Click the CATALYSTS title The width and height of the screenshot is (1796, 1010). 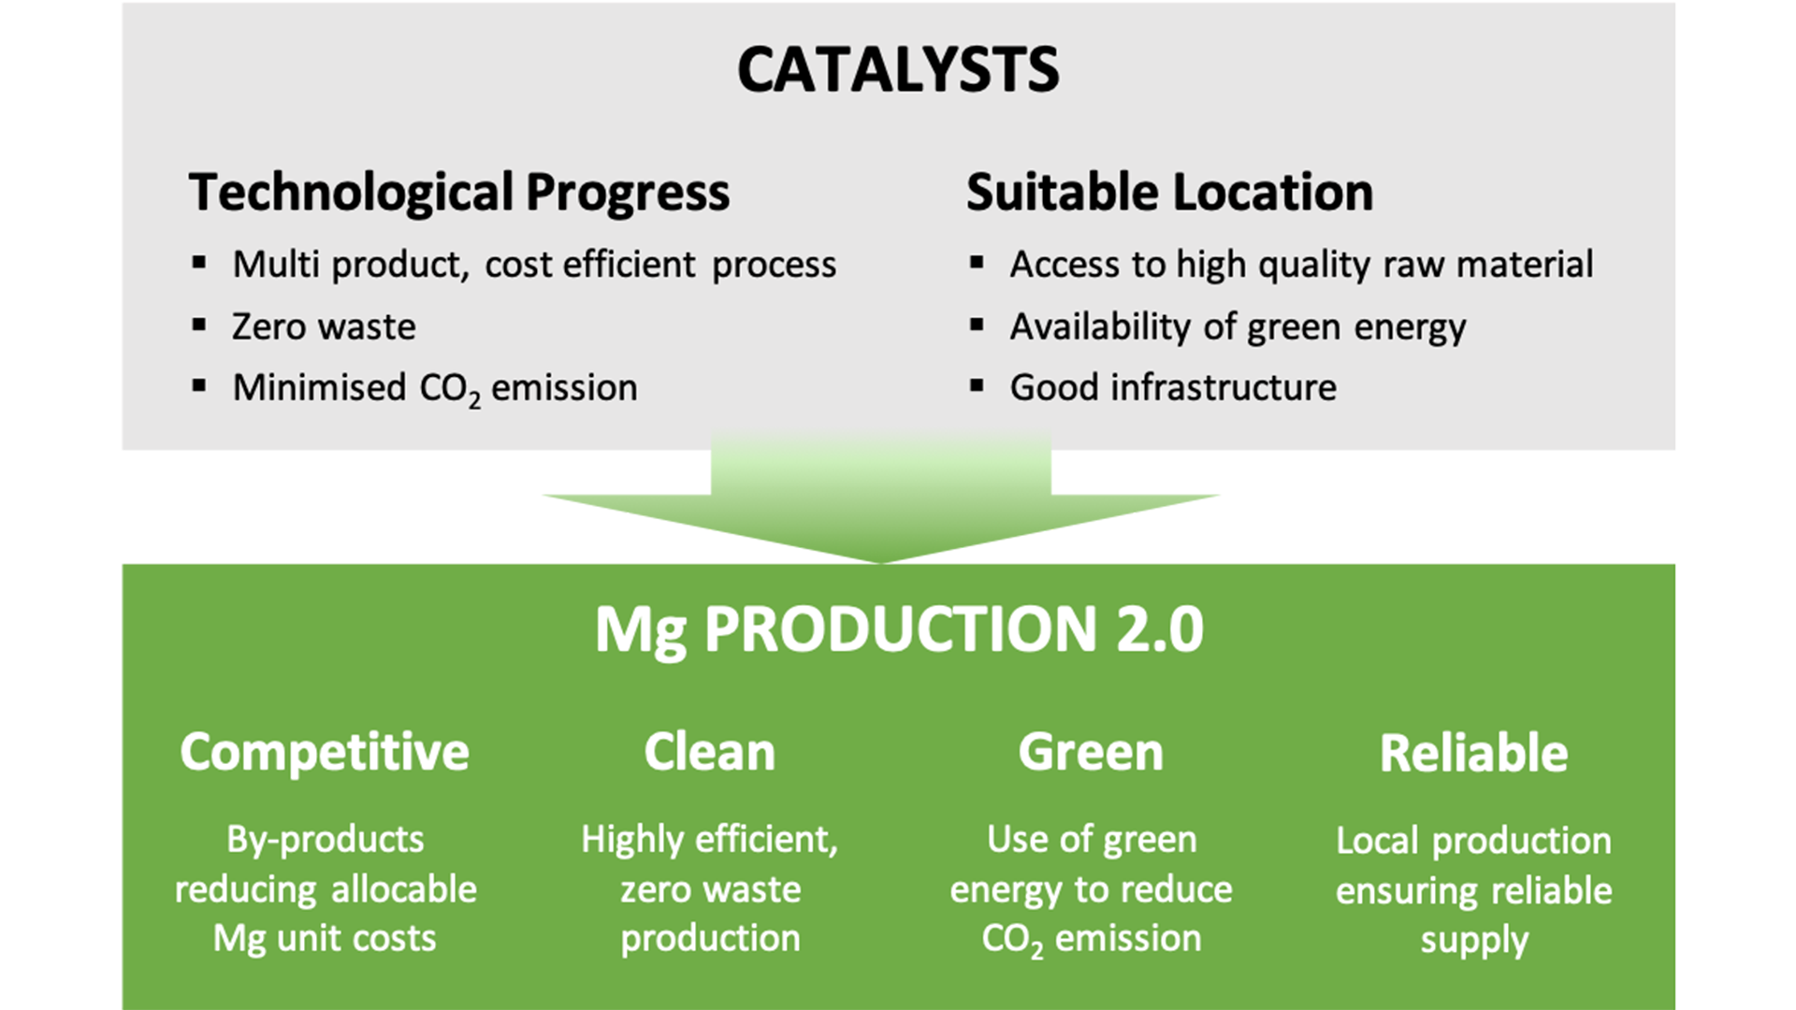[898, 70]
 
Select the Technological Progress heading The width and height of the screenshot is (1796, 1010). [459, 193]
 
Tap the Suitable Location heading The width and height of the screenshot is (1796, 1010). [1169, 192]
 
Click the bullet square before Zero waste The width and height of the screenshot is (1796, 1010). [198, 325]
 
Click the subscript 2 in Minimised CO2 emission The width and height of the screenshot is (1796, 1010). [474, 400]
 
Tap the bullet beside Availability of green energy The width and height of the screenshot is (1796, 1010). [977, 325]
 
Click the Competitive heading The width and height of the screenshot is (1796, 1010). [325, 754]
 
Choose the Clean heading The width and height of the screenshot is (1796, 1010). [710, 752]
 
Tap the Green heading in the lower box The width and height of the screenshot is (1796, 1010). [1091, 752]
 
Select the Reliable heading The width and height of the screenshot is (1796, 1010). [1473, 753]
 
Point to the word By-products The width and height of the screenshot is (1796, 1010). [326, 841]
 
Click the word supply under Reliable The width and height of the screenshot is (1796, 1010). [1474, 941]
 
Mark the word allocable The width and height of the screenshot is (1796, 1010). [404, 888]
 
